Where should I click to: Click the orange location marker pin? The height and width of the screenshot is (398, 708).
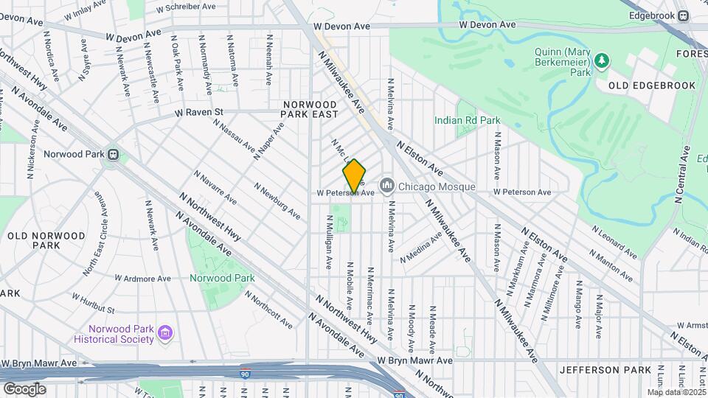point(354,175)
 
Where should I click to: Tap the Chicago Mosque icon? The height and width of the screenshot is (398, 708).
point(386,184)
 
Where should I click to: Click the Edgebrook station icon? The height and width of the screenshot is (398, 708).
point(683,15)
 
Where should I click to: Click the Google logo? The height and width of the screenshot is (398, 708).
point(24,388)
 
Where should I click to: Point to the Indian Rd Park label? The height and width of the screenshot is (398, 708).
point(467,120)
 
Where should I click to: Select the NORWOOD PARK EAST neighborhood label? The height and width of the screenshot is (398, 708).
point(310,109)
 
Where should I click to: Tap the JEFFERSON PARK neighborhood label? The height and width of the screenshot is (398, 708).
point(605,369)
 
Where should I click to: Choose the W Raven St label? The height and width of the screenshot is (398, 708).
point(198,113)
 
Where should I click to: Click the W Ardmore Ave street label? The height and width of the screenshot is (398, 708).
point(143,279)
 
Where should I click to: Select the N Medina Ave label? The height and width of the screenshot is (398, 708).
point(421,247)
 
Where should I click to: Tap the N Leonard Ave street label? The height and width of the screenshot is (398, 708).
point(612,240)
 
